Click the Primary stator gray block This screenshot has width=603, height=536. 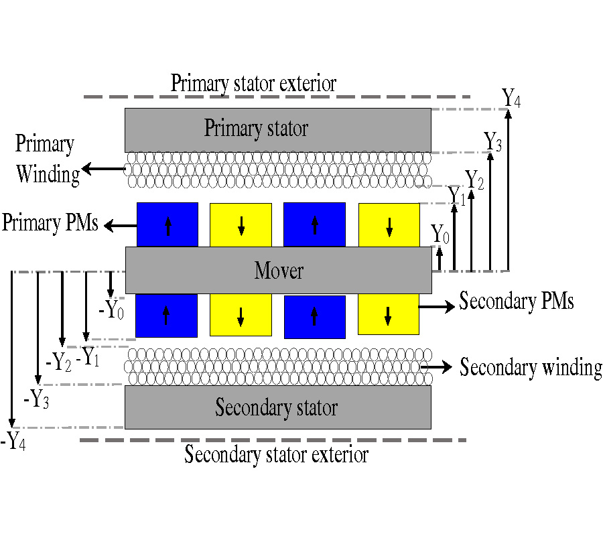pyautogui.click(x=277, y=130)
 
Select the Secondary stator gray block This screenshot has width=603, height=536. pyautogui.click(x=277, y=407)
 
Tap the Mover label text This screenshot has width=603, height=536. pyautogui.click(x=279, y=271)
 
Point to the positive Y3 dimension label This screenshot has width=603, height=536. pyautogui.click(x=492, y=141)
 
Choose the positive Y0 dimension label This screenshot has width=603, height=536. pyautogui.click(x=440, y=234)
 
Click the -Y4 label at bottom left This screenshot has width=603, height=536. pyautogui.click(x=13, y=441)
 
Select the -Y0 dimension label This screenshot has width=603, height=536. pyautogui.click(x=111, y=310)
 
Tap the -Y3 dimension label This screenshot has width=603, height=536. pyautogui.click(x=36, y=399)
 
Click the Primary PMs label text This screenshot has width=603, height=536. pyautogui.click(x=50, y=222)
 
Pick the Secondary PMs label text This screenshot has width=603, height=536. pyautogui.click(x=517, y=301)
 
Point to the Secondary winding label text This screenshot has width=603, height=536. pyautogui.click(x=531, y=368)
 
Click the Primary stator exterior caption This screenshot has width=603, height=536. pyautogui.click(x=253, y=84)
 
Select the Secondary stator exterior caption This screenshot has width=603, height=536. pyautogui.click(x=276, y=455)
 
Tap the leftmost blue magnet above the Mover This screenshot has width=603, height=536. pyautogui.click(x=167, y=224)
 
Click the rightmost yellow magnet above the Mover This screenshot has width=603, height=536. pyautogui.click(x=389, y=224)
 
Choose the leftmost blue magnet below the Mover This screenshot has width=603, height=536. pyautogui.click(x=167, y=315)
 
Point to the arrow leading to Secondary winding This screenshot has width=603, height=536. pyautogui.click(x=439, y=367)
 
